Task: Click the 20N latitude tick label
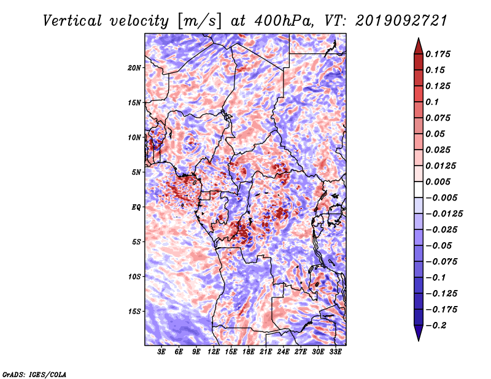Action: point(134,68)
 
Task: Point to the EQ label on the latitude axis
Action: point(136,207)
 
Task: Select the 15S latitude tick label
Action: point(134,312)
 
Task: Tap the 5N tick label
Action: point(136,172)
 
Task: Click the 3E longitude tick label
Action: point(161,352)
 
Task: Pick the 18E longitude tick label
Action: point(249,352)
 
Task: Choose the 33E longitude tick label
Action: point(335,352)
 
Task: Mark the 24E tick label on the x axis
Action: point(283,352)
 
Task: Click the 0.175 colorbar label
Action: point(438,54)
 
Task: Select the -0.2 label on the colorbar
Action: point(436,326)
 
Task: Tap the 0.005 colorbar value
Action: point(438,182)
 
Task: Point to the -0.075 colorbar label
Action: point(441,262)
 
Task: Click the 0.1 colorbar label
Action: point(432,102)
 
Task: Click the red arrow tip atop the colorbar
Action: point(419,38)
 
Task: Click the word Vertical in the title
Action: point(72,21)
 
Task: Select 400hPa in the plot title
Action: point(284,21)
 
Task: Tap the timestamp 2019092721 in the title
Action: point(401,21)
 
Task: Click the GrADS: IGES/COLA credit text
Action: point(34,375)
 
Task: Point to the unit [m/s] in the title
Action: point(199,21)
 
